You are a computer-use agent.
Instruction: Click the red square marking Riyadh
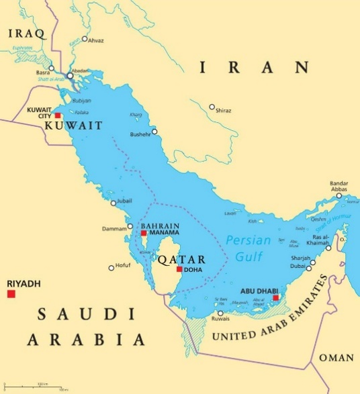click(11, 294)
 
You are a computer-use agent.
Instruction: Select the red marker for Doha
click(179, 269)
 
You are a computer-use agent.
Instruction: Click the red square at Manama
click(144, 233)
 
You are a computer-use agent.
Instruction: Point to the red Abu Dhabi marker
click(275, 297)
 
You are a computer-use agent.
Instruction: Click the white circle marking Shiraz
click(212, 107)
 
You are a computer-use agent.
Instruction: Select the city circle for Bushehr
click(154, 131)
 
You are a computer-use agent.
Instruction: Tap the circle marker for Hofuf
click(111, 268)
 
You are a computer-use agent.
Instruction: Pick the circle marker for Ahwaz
click(84, 40)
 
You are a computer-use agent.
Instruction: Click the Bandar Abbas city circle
click(339, 195)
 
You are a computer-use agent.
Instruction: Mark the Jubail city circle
click(113, 203)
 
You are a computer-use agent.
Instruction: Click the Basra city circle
click(51, 68)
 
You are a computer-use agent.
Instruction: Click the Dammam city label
click(114, 228)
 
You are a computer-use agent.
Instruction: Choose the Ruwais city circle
click(220, 312)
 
